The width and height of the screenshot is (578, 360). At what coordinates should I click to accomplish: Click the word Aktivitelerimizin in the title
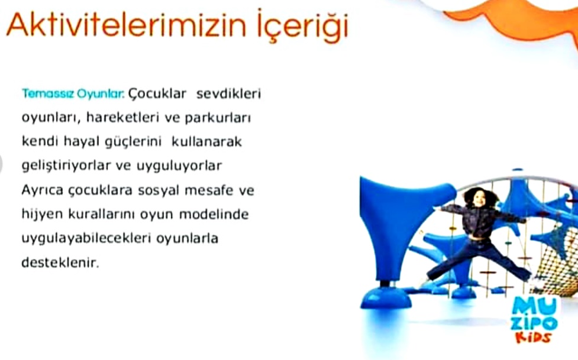click(127, 25)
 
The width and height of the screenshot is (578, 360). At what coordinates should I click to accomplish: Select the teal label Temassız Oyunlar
click(73, 94)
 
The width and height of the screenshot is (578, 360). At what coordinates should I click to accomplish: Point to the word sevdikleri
click(228, 93)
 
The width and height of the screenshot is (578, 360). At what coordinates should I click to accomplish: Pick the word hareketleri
click(122, 118)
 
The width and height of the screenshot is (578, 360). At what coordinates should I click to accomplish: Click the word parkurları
click(218, 118)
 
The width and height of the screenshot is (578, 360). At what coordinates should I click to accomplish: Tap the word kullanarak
click(206, 141)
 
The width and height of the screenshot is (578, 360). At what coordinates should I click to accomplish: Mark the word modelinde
click(214, 214)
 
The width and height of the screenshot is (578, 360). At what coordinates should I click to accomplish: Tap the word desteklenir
click(60, 262)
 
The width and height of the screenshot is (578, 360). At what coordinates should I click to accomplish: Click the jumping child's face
click(479, 199)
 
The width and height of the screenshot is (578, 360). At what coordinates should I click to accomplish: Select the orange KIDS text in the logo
click(533, 337)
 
